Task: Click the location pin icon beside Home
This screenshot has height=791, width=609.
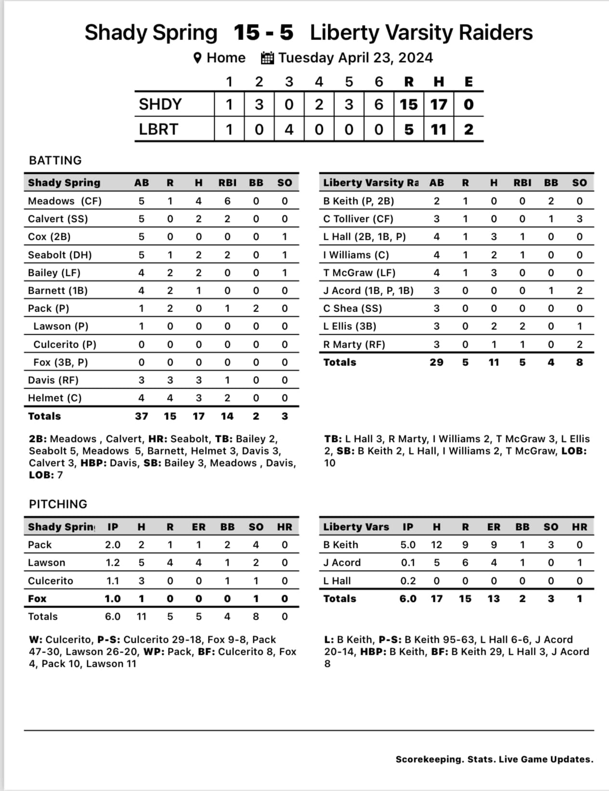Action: click(197, 58)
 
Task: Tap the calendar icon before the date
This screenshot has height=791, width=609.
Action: click(267, 58)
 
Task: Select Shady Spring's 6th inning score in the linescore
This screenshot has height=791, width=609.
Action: click(379, 104)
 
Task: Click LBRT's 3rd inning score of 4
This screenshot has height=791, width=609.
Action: click(289, 130)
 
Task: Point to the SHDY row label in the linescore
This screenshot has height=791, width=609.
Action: click(160, 104)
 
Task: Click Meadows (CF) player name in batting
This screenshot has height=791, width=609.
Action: click(65, 201)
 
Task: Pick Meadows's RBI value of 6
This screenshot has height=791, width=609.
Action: click(227, 201)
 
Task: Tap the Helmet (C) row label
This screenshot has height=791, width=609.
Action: click(55, 398)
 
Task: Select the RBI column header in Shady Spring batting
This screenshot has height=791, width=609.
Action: click(227, 182)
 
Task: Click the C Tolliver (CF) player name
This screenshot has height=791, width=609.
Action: click(358, 219)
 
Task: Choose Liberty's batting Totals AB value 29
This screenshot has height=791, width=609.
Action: click(436, 362)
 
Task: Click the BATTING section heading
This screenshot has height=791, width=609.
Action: click(55, 160)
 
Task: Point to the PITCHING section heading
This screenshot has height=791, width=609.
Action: click(58, 504)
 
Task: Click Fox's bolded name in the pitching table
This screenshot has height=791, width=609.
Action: click(37, 598)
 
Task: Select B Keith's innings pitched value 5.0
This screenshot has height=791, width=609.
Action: click(408, 545)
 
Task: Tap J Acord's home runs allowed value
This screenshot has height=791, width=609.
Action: click(579, 562)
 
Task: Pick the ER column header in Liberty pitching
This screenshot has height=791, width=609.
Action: click(493, 527)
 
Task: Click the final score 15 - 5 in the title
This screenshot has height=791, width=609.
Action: click(263, 33)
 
